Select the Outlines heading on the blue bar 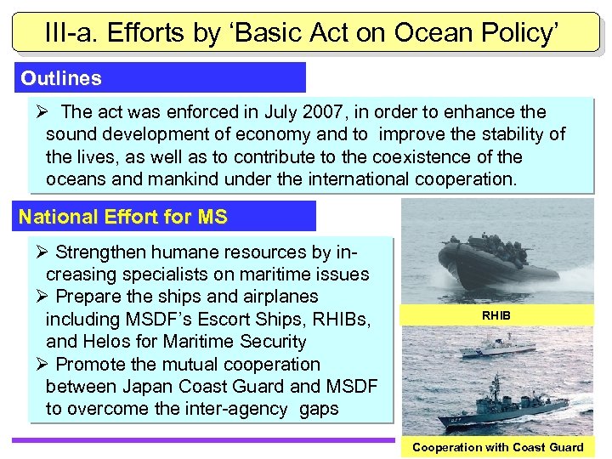[61, 79]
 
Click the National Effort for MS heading [123, 217]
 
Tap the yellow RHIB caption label [497, 314]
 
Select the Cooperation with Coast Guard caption [497, 447]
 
